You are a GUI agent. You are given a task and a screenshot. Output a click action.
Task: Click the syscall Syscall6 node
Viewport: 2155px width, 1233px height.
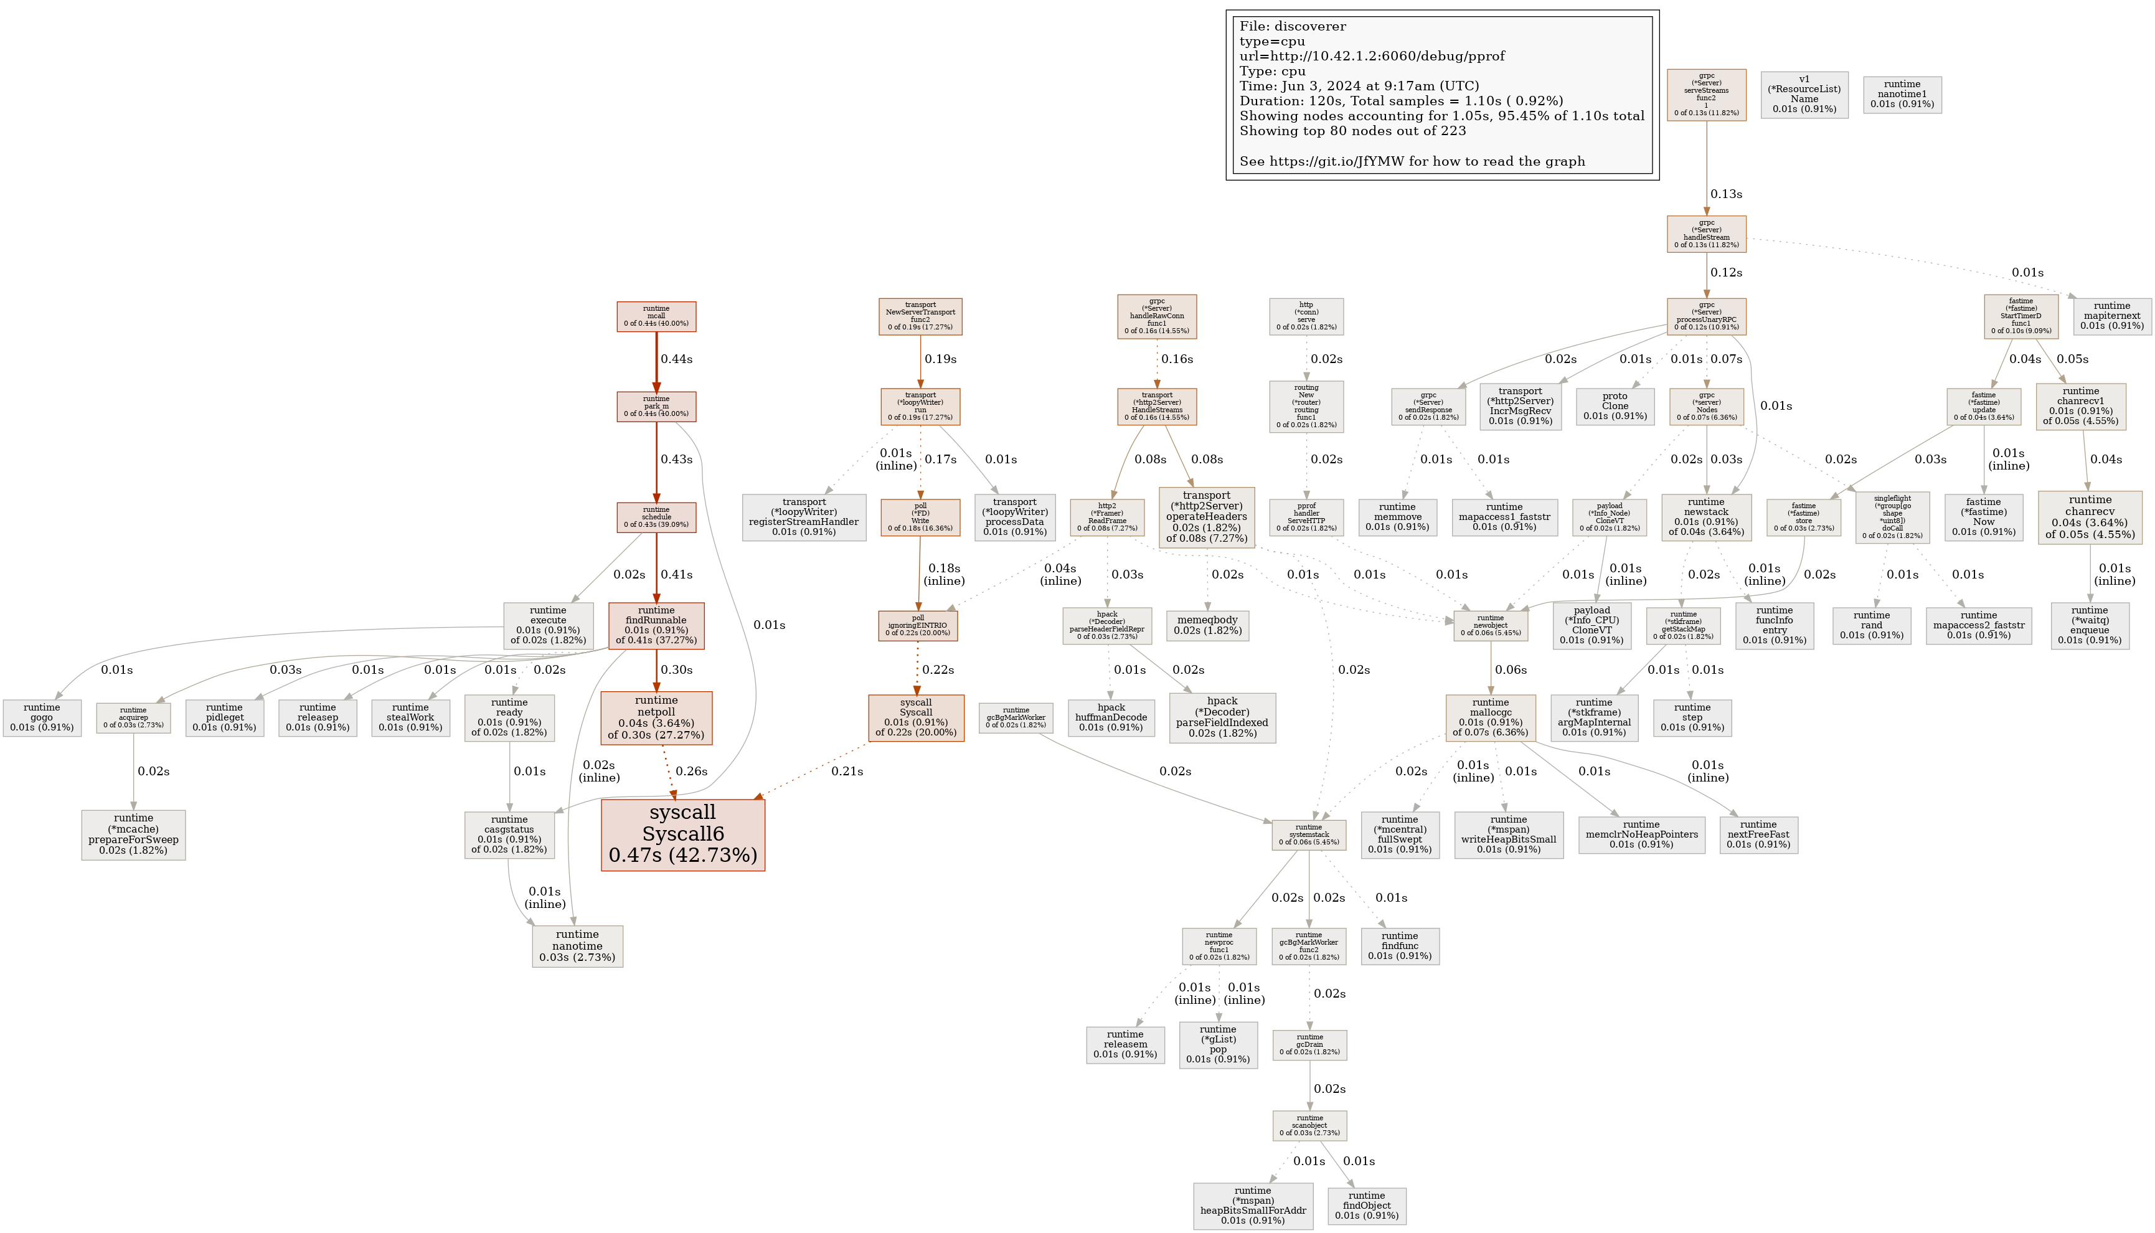[x=682, y=834]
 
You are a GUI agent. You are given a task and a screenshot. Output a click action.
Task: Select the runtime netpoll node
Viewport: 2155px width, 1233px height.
[x=656, y=718]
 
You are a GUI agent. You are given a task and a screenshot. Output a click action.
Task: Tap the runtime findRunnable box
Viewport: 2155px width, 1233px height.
[x=656, y=626]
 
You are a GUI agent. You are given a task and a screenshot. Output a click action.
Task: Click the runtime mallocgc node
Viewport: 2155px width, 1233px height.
[x=1490, y=717]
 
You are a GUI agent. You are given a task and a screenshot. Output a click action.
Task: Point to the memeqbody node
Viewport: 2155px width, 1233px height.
[x=1207, y=625]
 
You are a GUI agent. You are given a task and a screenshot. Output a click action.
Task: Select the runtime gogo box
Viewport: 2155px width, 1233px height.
[x=42, y=717]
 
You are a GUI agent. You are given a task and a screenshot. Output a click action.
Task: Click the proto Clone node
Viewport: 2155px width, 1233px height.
[x=1615, y=405]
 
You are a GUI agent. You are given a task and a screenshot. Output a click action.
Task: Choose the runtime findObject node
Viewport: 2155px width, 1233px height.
[x=1367, y=1205]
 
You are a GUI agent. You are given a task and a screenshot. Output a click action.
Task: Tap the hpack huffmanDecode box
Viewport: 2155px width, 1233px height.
[x=1111, y=717]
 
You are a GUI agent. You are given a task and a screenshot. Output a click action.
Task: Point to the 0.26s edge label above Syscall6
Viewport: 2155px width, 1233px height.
[x=691, y=772]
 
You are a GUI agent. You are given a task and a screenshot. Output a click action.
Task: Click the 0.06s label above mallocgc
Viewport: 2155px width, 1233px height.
[x=1511, y=670]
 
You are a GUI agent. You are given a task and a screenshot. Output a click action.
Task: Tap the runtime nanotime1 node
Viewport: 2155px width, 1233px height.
[x=1902, y=94]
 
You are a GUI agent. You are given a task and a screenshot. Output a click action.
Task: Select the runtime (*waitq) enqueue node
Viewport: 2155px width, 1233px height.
[x=2090, y=625]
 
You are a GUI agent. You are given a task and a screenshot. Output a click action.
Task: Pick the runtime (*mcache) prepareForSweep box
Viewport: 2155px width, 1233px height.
[x=133, y=834]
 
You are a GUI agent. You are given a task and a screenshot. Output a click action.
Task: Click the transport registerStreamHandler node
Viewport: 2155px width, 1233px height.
[x=804, y=517]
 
